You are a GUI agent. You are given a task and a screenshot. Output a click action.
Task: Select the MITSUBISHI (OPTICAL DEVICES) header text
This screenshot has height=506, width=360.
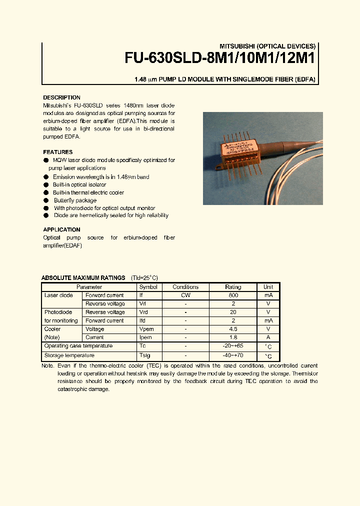[x=268, y=45]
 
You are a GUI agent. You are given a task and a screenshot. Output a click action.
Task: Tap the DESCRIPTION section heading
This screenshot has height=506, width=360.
[x=61, y=97]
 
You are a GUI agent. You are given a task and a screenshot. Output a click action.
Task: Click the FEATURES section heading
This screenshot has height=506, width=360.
[x=57, y=152]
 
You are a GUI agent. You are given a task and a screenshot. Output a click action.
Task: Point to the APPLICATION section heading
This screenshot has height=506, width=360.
[x=61, y=229]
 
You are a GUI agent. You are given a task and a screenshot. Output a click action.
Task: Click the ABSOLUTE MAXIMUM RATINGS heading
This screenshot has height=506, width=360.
[x=83, y=278]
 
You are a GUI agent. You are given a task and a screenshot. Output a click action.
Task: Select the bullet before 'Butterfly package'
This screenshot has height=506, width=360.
[x=46, y=200]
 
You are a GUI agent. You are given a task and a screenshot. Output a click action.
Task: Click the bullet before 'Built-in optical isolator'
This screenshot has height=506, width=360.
[x=46, y=185]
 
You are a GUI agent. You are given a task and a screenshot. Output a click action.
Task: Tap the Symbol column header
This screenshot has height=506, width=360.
[x=148, y=287]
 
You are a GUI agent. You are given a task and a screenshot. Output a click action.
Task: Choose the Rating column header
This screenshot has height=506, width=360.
[x=233, y=287]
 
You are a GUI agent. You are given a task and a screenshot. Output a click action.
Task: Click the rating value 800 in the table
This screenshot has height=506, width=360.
[x=233, y=295]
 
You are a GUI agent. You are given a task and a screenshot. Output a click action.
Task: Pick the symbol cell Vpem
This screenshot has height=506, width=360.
[x=146, y=329]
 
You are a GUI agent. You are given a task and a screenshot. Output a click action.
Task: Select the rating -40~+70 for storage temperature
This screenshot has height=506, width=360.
[x=233, y=355]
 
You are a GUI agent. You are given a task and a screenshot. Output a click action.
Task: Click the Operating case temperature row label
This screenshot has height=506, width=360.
[x=78, y=346]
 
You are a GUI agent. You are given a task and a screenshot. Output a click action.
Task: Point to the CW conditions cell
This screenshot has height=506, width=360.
[x=185, y=295]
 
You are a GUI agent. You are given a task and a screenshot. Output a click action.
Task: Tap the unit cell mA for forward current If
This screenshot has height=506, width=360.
[x=268, y=295]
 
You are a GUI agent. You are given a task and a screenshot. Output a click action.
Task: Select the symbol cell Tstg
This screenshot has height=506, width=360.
[x=144, y=355]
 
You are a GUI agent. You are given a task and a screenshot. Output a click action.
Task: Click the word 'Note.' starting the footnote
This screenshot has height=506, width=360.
[x=48, y=366]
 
